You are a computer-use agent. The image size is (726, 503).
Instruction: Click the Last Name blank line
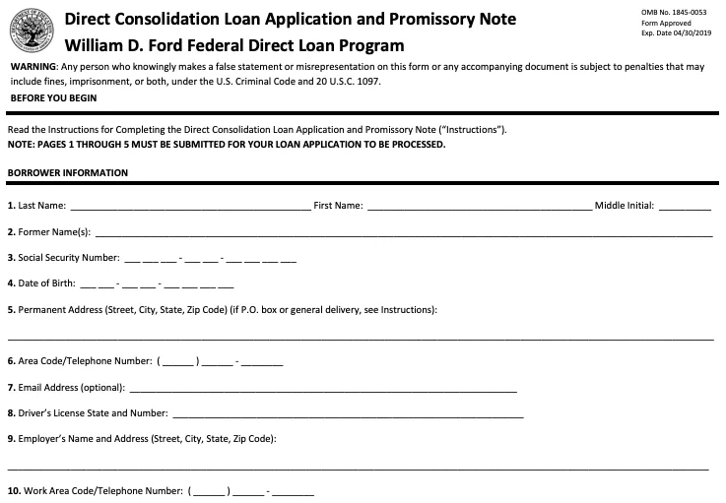point(190,208)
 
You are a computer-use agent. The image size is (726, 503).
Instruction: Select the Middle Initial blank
point(684,208)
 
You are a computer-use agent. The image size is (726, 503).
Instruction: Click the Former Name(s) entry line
point(403,234)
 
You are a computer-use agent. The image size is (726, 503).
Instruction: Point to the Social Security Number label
point(63,258)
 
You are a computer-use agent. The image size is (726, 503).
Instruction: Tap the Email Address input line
point(322,389)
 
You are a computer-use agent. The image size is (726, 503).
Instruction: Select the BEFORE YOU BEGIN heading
point(53,98)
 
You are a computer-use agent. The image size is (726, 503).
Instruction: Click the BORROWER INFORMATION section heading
point(67,173)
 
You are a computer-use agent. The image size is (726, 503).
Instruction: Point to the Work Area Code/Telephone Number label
point(95,490)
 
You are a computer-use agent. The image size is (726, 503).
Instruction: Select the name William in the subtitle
point(97,45)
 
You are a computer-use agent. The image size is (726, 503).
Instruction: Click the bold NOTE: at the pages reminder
point(21,145)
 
